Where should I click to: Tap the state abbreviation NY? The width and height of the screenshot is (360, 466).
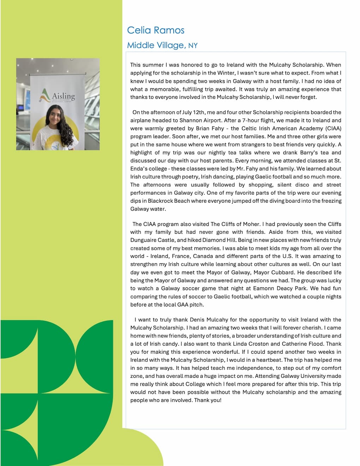point(193,46)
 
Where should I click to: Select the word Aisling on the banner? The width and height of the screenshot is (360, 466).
point(64,96)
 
